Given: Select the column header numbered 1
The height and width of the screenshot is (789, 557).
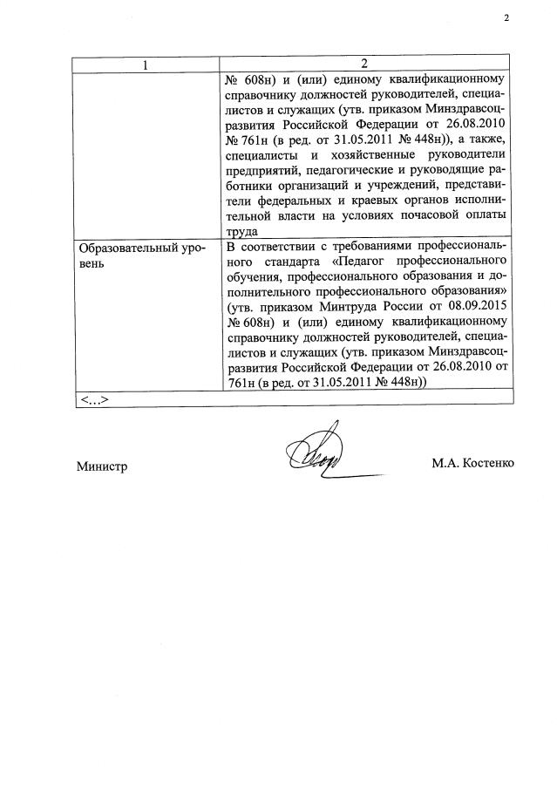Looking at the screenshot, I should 146,65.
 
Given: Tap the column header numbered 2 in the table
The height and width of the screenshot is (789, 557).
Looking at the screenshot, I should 364,65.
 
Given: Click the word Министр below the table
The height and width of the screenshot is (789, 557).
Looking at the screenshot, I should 102,466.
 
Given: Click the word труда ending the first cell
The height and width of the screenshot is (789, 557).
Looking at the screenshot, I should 241,231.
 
